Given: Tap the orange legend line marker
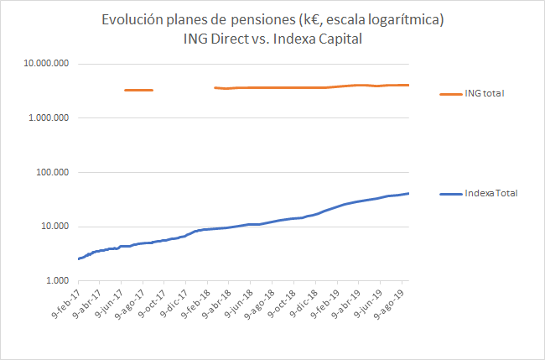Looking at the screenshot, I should pos(450,93).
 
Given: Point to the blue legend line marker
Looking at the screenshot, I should pos(450,194).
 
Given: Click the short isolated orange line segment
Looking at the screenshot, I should pos(138,90).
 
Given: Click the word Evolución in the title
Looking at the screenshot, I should pos(132,19).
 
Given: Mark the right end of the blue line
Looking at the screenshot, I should pos(408,193).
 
